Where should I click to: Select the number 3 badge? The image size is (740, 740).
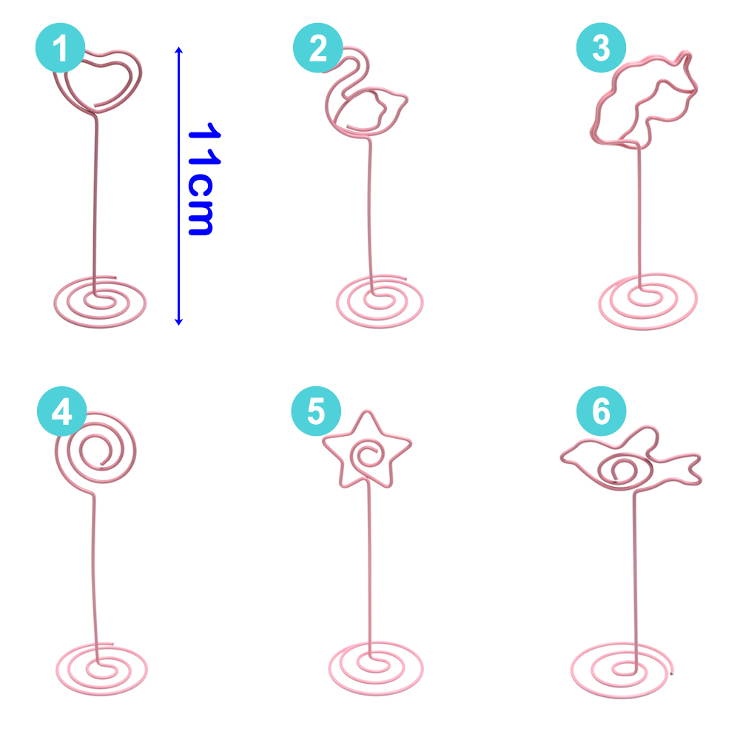(601, 49)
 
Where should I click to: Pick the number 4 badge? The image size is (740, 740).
(61, 412)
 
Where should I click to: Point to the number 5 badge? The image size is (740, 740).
(316, 412)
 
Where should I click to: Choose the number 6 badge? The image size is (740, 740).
(601, 412)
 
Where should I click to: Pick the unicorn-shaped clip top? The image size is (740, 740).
(642, 100)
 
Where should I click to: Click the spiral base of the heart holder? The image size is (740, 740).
(100, 301)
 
